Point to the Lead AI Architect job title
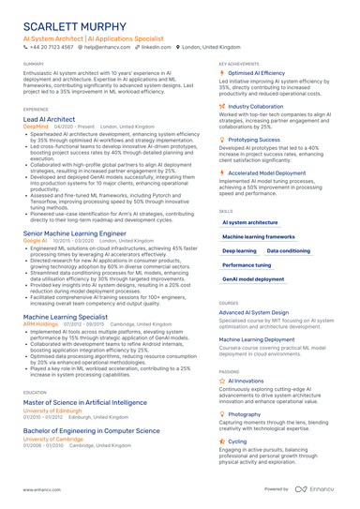click(49, 121)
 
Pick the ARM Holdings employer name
click(40, 324)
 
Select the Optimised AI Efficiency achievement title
click(257, 72)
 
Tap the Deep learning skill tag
click(240, 251)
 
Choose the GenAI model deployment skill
click(253, 279)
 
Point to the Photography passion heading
click(245, 413)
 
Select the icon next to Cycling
click(222, 441)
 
